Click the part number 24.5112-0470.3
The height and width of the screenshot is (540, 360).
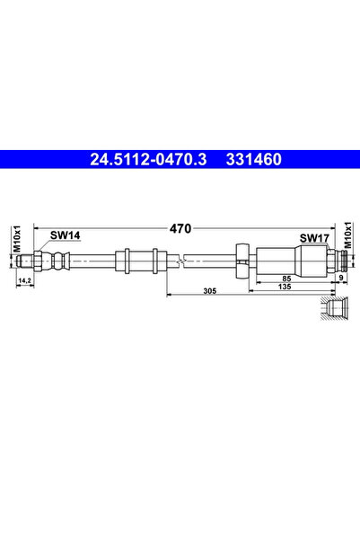(x=149, y=161)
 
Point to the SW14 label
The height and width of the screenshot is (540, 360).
(x=65, y=235)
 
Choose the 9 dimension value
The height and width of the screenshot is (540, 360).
(x=341, y=279)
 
